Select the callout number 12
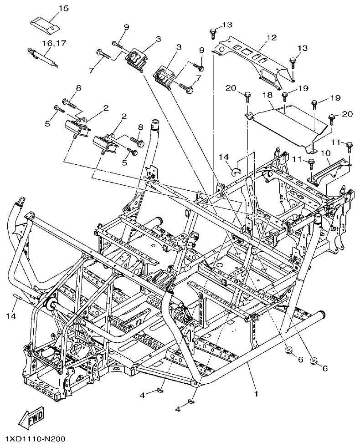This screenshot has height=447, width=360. point(272,38)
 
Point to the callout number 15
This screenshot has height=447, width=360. point(63,9)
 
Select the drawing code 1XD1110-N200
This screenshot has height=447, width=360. point(35,439)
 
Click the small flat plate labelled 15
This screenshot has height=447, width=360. point(45,25)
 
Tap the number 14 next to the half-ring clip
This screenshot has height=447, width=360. point(223,157)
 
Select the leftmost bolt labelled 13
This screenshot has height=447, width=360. point(213,33)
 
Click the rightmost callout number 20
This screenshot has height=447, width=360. point(347,114)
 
